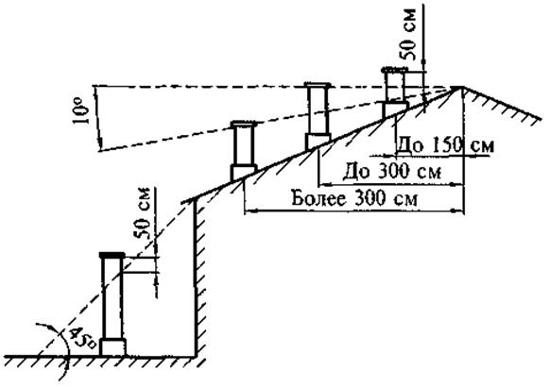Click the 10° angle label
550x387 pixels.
click(x=80, y=111)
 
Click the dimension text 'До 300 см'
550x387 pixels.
click(x=392, y=171)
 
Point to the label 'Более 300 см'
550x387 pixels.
click(x=354, y=198)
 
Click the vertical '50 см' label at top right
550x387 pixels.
click(x=407, y=34)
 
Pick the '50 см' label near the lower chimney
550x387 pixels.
click(x=142, y=213)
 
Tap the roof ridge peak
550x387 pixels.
click(x=457, y=87)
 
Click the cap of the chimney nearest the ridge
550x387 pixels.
click(x=394, y=69)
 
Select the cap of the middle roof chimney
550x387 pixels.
click(x=318, y=85)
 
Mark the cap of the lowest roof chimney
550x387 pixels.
click(x=244, y=124)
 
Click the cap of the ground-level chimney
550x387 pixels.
click(x=112, y=255)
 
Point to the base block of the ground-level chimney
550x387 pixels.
click(x=112, y=347)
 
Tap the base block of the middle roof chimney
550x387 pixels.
click(x=318, y=141)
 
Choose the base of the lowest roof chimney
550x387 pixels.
click(x=243, y=173)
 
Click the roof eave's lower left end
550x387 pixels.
click(x=182, y=203)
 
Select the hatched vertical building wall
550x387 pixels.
click(x=198, y=279)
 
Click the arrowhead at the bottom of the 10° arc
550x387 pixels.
click(x=100, y=143)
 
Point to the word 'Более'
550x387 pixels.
click(x=318, y=198)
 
